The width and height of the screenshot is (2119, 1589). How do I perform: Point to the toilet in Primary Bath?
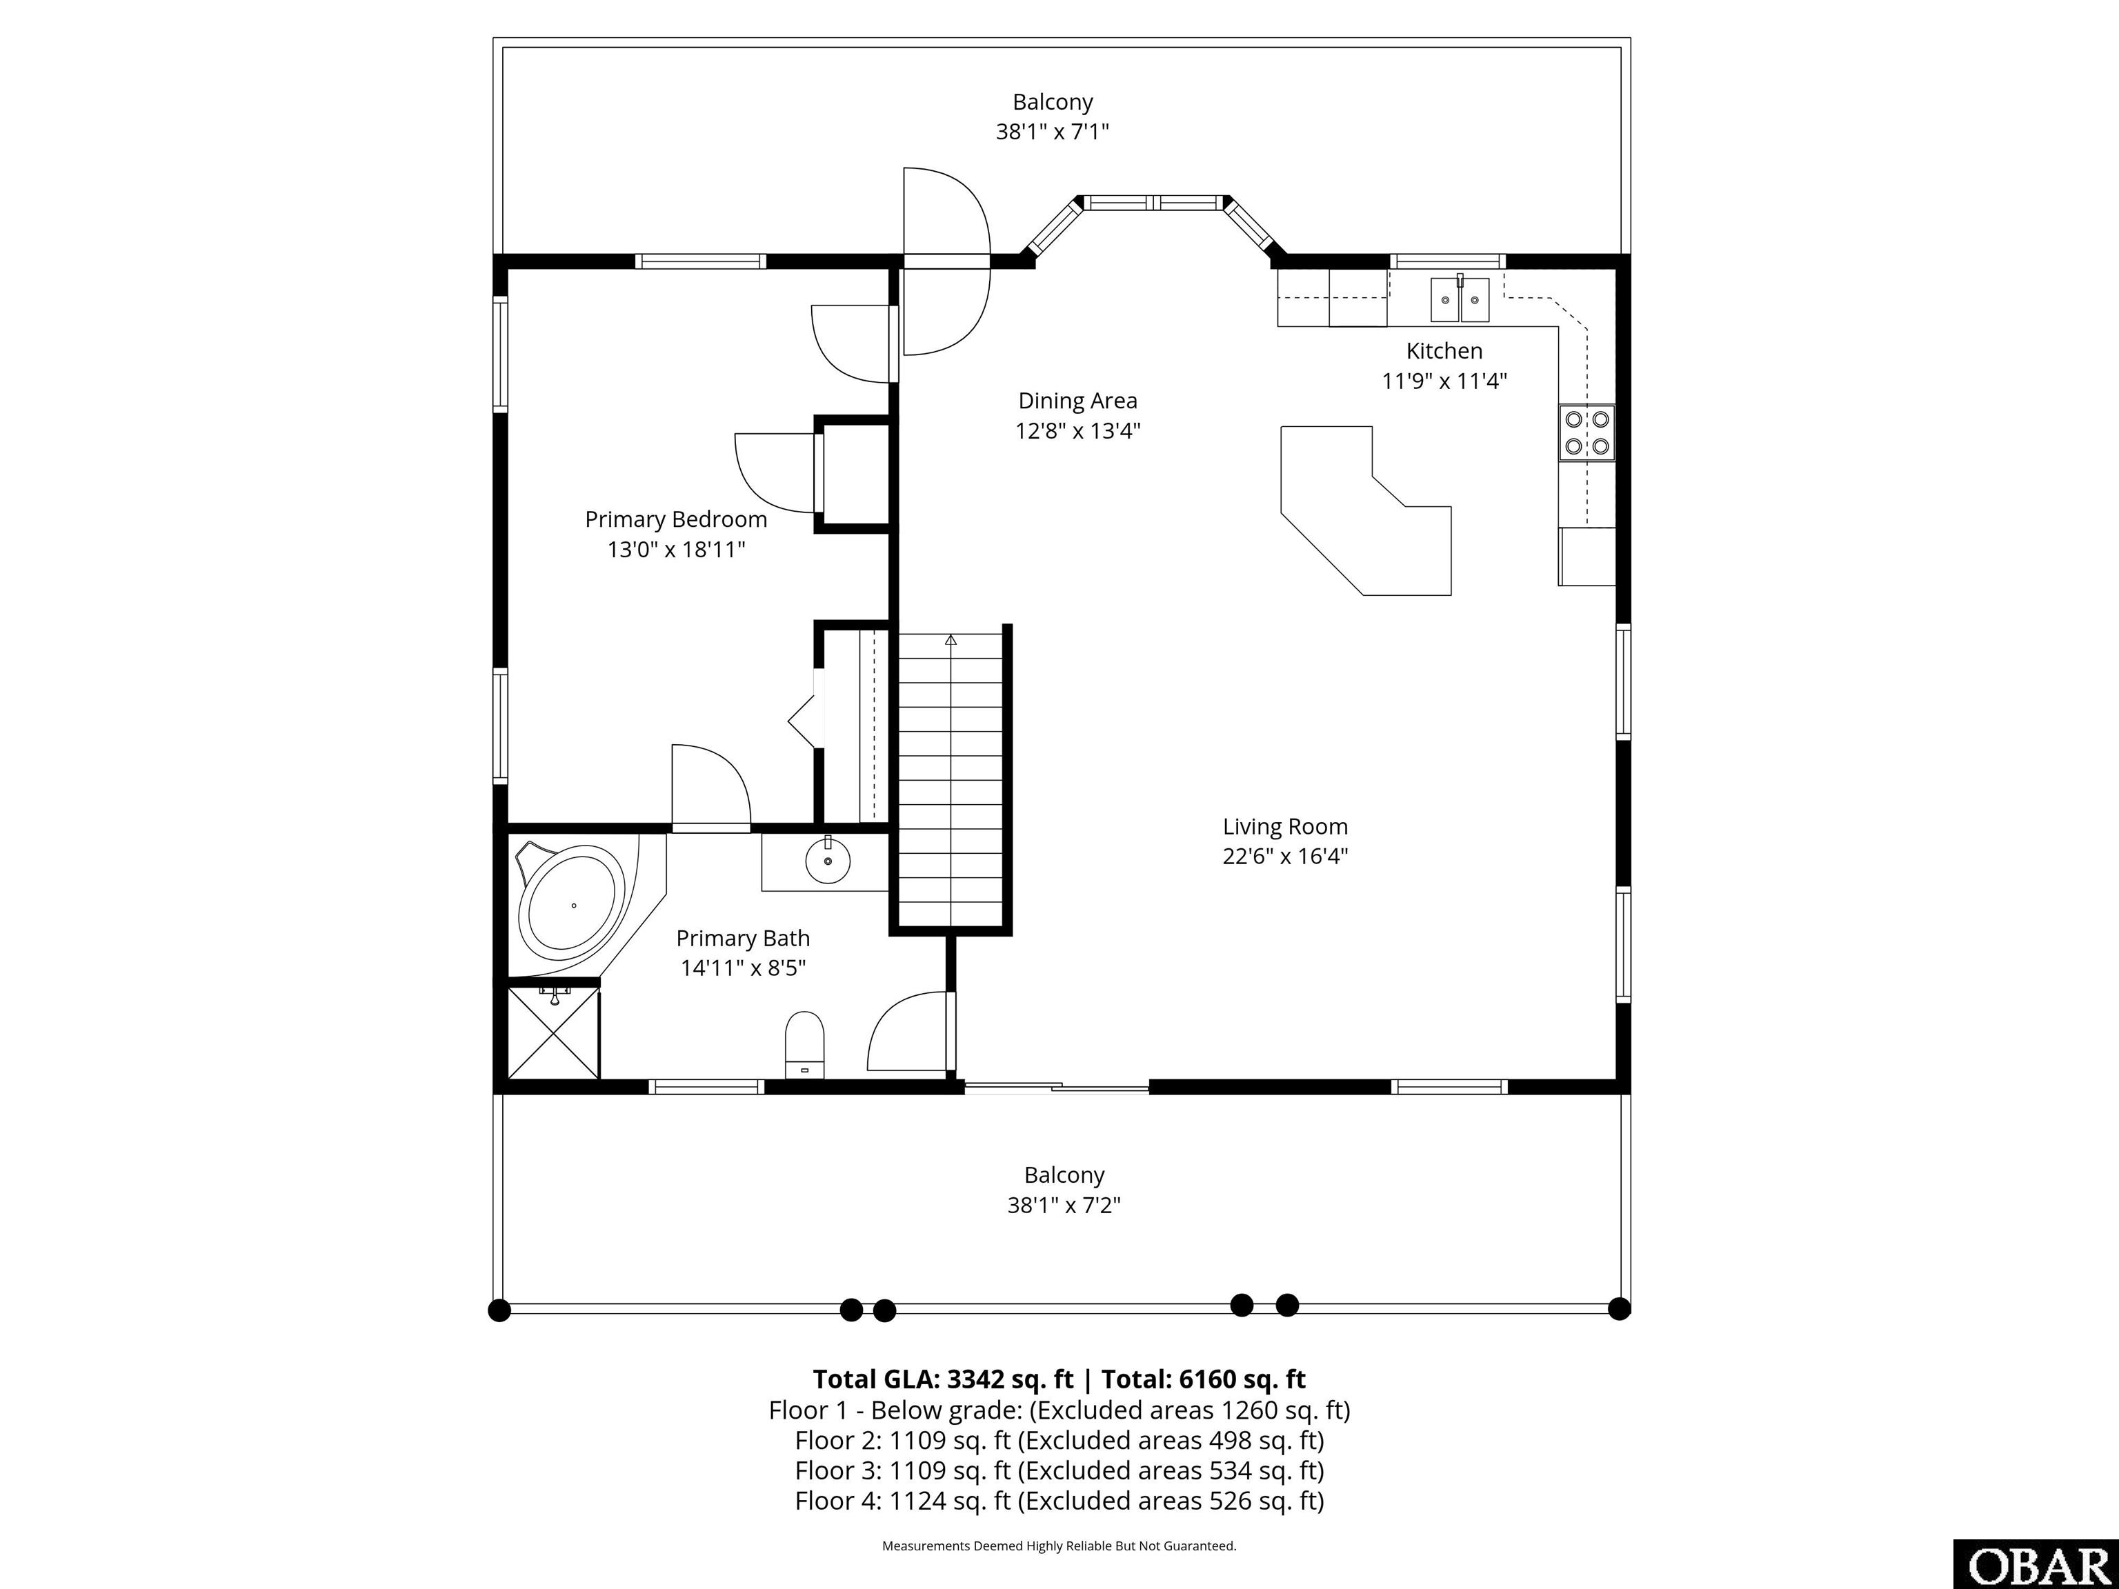(805, 1045)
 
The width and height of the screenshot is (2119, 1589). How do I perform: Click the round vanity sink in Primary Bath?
(828, 862)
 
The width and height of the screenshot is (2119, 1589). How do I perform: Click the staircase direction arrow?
(951, 640)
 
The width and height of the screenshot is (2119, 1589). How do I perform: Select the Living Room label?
(1284, 827)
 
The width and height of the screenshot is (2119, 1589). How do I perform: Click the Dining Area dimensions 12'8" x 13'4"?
(1077, 431)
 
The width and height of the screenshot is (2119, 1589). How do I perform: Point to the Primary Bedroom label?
(675, 519)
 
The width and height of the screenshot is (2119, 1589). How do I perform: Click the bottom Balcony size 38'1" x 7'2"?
(1064, 1205)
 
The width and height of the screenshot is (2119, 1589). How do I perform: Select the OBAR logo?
(2036, 1563)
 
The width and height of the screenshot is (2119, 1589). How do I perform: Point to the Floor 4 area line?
(1059, 1501)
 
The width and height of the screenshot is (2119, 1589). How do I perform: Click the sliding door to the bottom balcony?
(1055, 1087)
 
